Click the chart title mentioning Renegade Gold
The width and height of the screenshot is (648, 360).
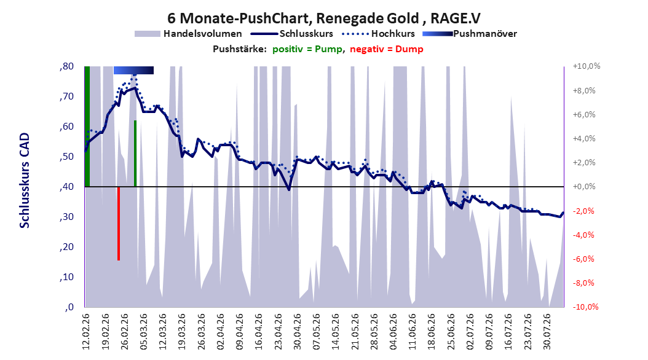pyautogui.click(x=323, y=18)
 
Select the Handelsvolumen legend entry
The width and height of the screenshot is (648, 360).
pyautogui.click(x=189, y=34)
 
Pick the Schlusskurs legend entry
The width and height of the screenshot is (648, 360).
pyautogui.click(x=292, y=34)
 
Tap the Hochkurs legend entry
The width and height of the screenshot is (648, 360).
pyautogui.click(x=379, y=34)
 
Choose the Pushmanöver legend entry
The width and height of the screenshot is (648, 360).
pyautogui.click(x=470, y=34)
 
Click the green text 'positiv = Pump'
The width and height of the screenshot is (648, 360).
pyautogui.click(x=307, y=49)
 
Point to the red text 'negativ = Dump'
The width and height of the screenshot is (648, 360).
pyautogui.click(x=387, y=49)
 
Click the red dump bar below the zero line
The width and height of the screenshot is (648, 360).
pyautogui.click(x=119, y=224)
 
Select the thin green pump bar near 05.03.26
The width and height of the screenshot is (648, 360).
pyautogui.click(x=135, y=154)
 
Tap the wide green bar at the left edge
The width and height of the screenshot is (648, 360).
pyautogui.click(x=87, y=127)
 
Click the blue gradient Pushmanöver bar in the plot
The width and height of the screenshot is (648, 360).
pyautogui.click(x=133, y=70)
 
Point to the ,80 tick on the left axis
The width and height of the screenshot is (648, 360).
pyautogui.click(x=66, y=66)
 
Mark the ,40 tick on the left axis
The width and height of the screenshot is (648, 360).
pyautogui.click(x=66, y=187)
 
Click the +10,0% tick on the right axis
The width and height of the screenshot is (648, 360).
pyautogui.click(x=587, y=66)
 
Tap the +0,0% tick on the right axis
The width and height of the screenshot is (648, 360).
pyautogui.click(x=584, y=187)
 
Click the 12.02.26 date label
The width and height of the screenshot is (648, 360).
pyautogui.click(x=86, y=332)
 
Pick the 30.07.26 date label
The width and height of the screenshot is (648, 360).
pyautogui.click(x=547, y=332)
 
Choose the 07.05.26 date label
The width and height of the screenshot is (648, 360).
pyautogui.click(x=317, y=332)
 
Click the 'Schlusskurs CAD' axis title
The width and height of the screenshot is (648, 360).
pyautogui.click(x=25, y=181)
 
